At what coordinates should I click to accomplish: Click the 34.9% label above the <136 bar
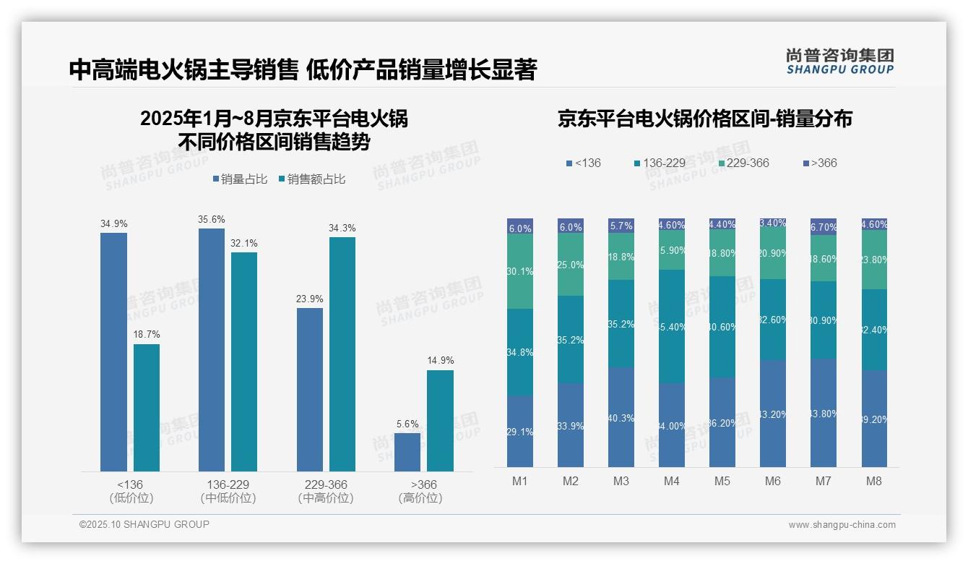point(113,224)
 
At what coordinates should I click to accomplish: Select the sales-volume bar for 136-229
point(211,350)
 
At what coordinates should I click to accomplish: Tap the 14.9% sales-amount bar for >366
point(440,421)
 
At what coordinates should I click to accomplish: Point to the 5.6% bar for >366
point(407,452)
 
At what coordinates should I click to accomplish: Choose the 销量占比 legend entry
point(243,179)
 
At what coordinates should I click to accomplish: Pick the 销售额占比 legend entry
point(311,179)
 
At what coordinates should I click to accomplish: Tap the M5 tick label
point(722,481)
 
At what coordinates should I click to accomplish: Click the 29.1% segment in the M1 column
point(520,431)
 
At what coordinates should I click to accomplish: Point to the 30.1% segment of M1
point(520,271)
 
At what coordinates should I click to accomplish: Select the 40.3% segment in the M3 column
point(621,416)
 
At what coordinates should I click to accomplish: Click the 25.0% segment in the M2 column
point(571,265)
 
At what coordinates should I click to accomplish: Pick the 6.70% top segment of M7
point(823,226)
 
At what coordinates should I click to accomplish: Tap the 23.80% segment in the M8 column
point(873,260)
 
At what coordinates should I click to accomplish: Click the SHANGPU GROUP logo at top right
point(839,61)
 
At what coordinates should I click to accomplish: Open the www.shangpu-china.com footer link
point(842,525)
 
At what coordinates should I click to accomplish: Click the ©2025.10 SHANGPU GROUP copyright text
point(144,524)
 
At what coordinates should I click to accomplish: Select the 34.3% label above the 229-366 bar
point(342,228)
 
